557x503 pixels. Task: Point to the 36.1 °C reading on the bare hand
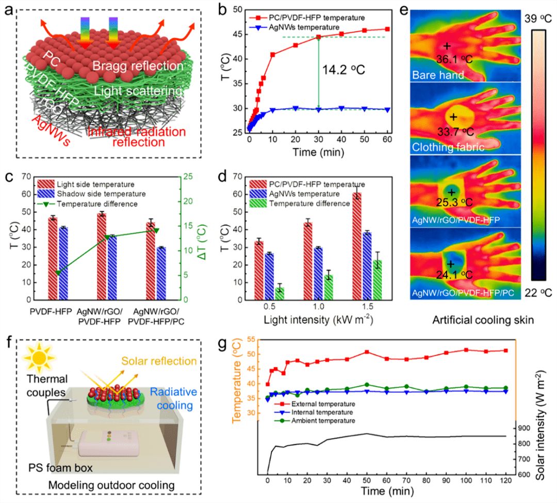pos(448,59)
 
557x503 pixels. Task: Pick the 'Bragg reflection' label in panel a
pos(138,66)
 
